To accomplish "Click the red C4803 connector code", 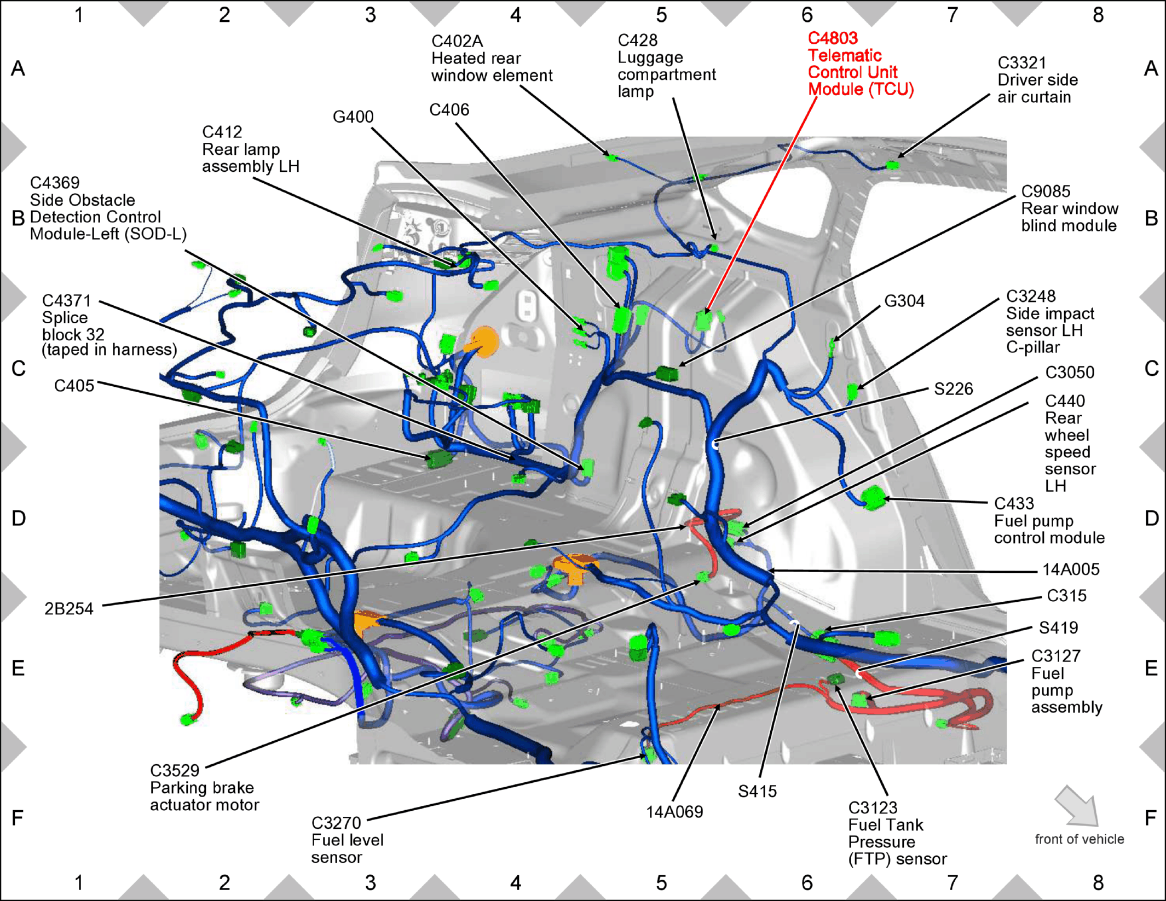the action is pos(833,38).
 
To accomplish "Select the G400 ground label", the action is pos(353,117).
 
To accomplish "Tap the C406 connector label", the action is pos(449,110).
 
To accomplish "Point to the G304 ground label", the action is pos(904,301).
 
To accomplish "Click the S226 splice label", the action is pos(953,389).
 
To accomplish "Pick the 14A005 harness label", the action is pos(1071,569).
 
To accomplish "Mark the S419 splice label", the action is pos(1058,627).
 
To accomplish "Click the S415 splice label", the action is pos(757,791).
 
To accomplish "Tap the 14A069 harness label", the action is pos(674,812).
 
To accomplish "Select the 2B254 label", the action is pos(69,609).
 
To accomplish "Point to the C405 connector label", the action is pos(74,386).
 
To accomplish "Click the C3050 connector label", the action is pos(1070,373).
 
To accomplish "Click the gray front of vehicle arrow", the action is pos(1077,806).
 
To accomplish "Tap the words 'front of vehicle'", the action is pos(1080,839).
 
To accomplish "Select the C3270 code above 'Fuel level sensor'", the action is pos(336,823).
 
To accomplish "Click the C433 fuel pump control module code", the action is pos(1014,503).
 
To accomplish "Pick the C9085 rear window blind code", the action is pos(1046,191).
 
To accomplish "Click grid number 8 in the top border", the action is pos(1098,15).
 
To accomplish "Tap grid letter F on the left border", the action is pos(18,818).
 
